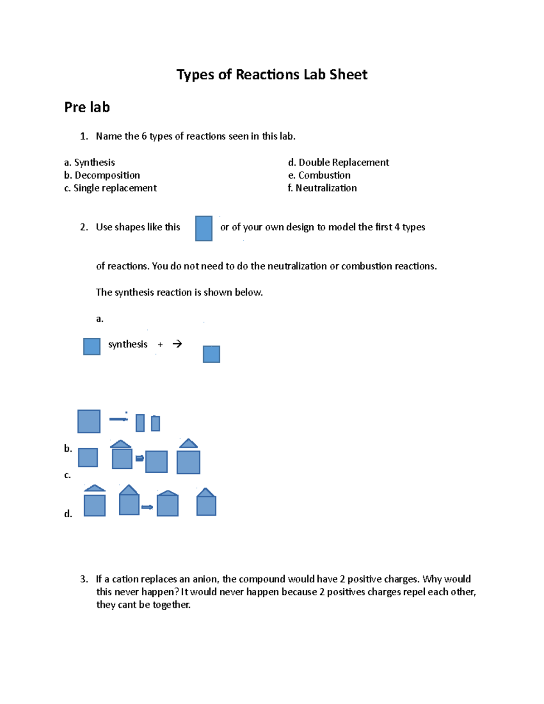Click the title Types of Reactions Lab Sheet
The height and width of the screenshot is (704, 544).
click(x=272, y=74)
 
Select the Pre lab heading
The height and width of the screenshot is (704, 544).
click(x=87, y=107)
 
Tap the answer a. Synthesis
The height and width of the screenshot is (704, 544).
click(x=89, y=162)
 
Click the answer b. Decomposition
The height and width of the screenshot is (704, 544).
click(x=102, y=175)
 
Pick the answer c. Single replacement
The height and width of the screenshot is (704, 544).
click(x=111, y=188)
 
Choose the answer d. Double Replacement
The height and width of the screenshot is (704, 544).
click(x=338, y=162)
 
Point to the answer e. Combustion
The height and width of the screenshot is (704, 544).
click(x=319, y=175)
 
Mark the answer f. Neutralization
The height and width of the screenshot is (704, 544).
click(x=322, y=188)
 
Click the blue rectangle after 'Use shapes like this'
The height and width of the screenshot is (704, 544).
click(x=204, y=228)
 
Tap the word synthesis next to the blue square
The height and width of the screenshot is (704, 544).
click(x=128, y=345)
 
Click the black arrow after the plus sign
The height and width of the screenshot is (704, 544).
click(x=177, y=344)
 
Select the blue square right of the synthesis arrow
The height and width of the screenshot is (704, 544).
click(x=211, y=354)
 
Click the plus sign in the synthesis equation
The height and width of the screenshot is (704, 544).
click(x=160, y=345)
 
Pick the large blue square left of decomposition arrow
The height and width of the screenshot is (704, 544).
click(x=89, y=421)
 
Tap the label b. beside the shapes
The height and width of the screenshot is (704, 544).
click(x=68, y=449)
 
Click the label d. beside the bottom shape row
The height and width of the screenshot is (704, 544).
click(x=68, y=514)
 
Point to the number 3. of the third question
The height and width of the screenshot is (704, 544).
click(x=84, y=579)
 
